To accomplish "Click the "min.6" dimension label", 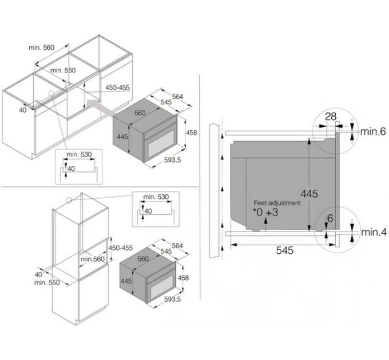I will point(374,132).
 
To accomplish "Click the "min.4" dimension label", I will point(374,233).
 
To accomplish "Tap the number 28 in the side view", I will point(330,117).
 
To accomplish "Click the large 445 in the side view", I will point(309,194).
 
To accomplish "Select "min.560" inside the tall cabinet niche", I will point(93,259).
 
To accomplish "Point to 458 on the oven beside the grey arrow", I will point(192,133).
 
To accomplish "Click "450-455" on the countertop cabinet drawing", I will point(118,87).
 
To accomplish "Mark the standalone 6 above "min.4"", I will point(330,218).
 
